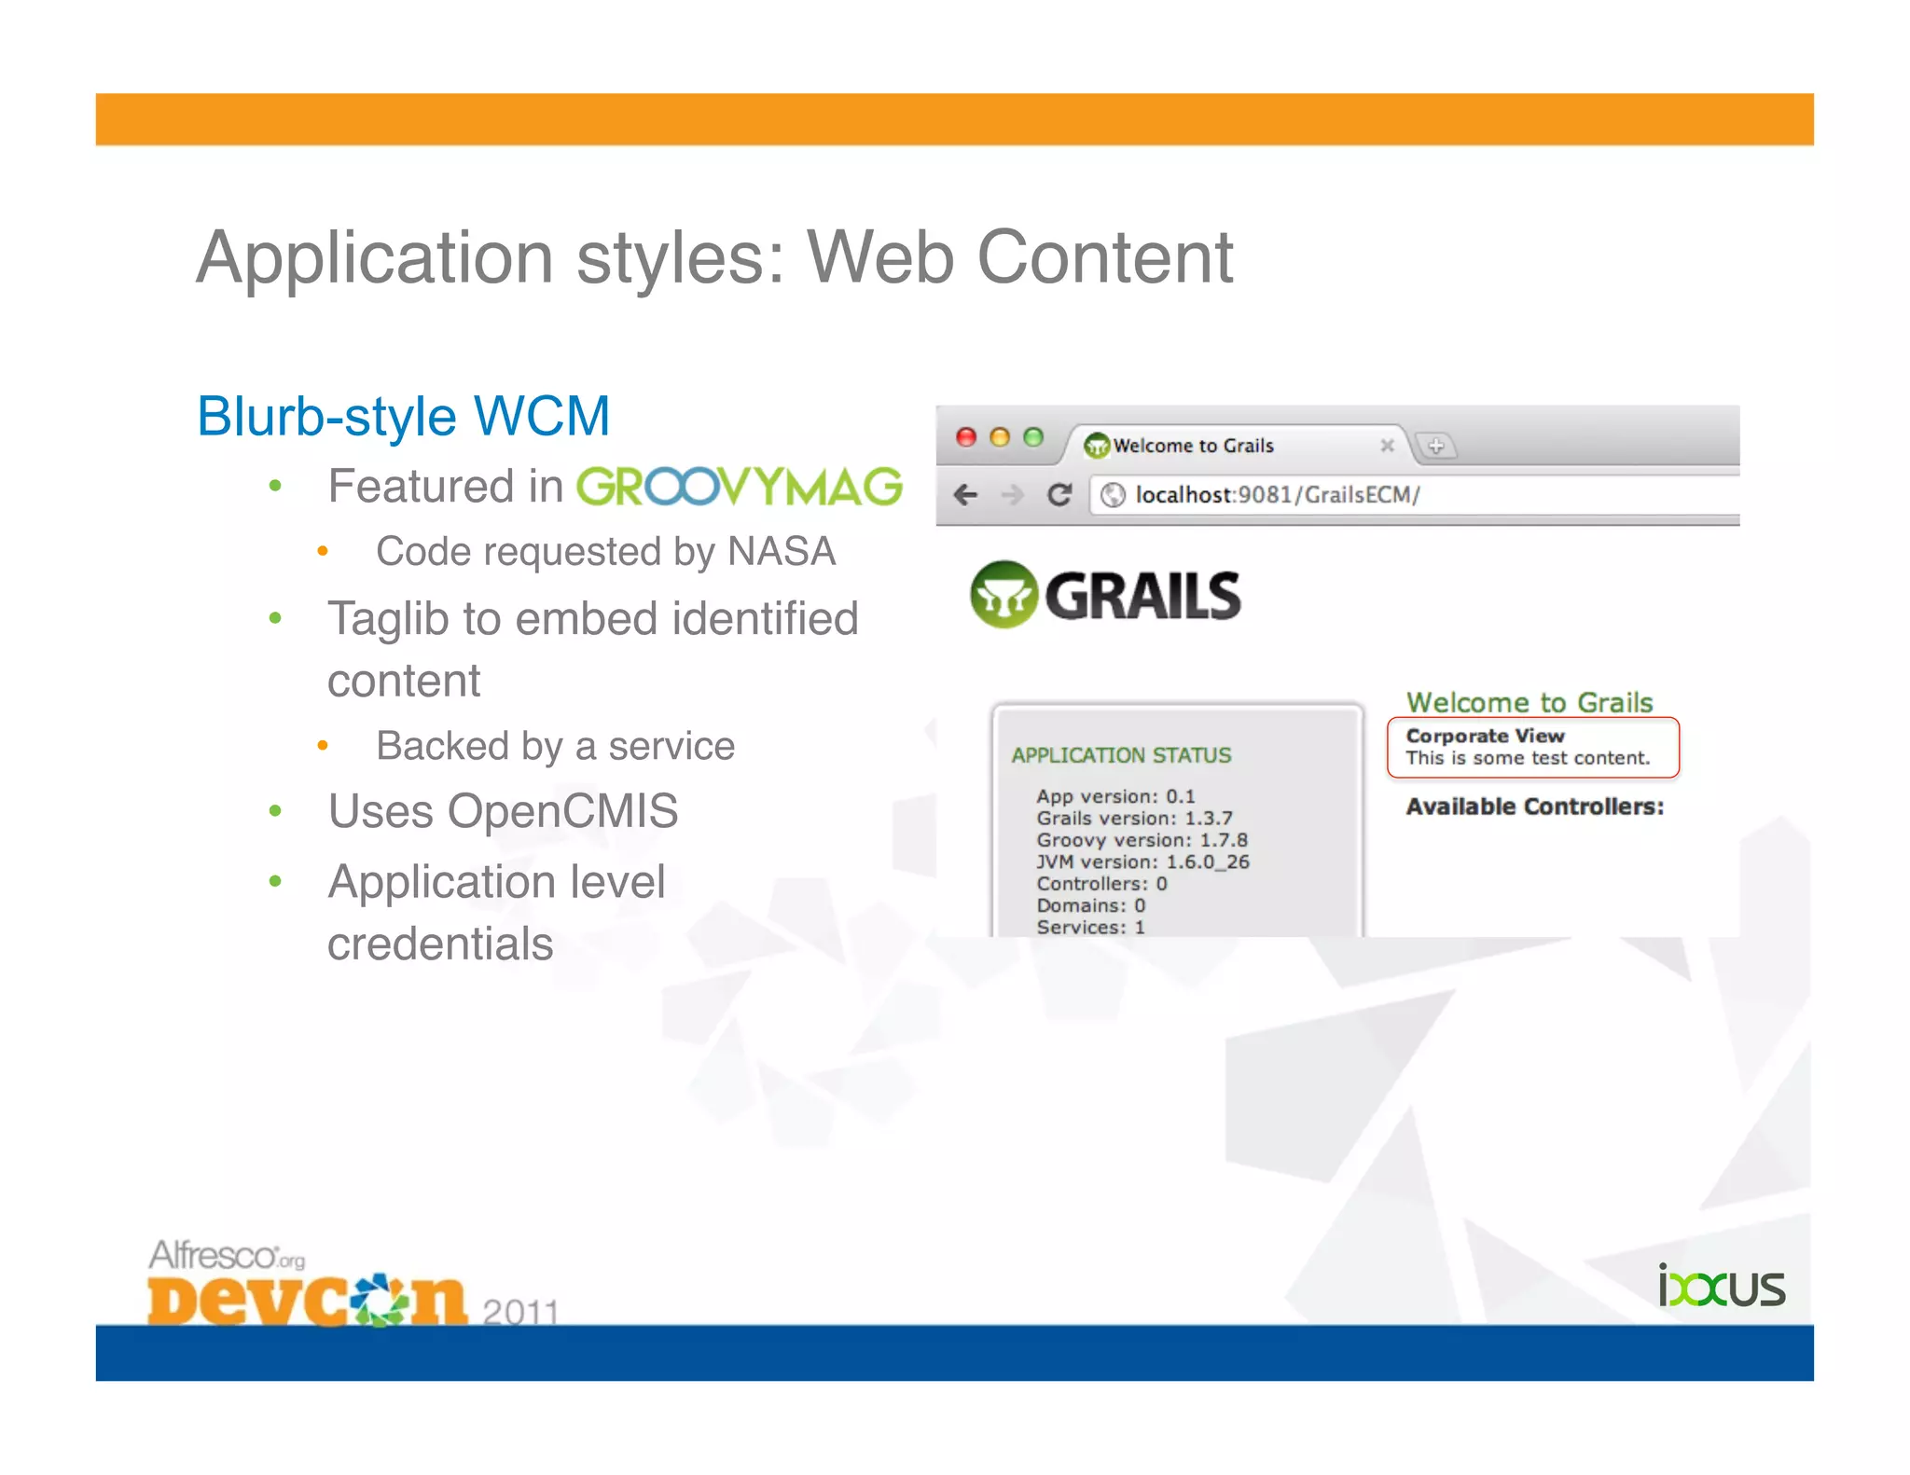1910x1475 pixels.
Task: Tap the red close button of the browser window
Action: tap(966, 437)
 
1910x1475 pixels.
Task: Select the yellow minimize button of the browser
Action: tap(1000, 437)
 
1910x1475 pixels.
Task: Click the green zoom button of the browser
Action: tap(1033, 437)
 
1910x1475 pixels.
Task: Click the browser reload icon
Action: tap(1059, 494)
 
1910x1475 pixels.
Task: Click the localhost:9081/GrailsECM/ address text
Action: tap(1277, 495)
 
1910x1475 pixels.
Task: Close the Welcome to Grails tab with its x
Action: tap(1387, 446)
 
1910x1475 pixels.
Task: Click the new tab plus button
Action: tap(1436, 446)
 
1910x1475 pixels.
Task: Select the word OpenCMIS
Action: tap(562, 811)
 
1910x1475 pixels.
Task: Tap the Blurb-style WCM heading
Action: tap(403, 416)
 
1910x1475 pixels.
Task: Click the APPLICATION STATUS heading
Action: tap(1121, 755)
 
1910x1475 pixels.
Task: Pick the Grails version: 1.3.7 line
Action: tap(1134, 819)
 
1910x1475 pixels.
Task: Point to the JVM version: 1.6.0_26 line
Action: tap(1142, 862)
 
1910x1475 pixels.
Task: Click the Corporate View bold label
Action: tap(1485, 736)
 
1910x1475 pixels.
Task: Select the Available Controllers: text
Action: tap(1535, 806)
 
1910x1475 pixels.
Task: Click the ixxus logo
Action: tap(1722, 1288)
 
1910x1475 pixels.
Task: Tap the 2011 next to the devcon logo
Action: tap(520, 1311)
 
